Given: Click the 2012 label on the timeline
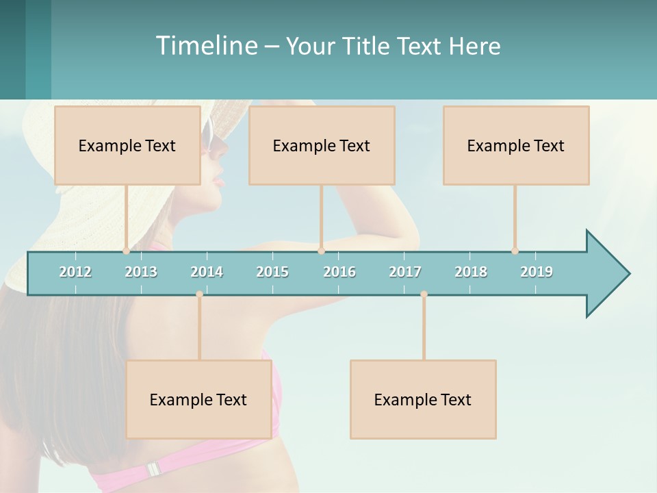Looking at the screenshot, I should pyautogui.click(x=75, y=272).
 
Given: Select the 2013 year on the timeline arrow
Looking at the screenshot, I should pyautogui.click(x=141, y=272).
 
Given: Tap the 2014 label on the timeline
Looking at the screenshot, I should pyautogui.click(x=207, y=272).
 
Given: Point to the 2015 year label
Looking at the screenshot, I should pyautogui.click(x=272, y=272).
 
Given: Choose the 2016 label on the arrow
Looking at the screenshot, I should pyautogui.click(x=339, y=272).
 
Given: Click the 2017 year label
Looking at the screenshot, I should pyautogui.click(x=405, y=272).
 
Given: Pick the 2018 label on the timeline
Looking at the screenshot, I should pyautogui.click(x=471, y=272).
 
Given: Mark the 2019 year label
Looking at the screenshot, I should pyautogui.click(x=537, y=272).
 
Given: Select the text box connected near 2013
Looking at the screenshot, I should pyautogui.click(x=127, y=145).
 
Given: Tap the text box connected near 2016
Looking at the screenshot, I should pyautogui.click(x=322, y=145).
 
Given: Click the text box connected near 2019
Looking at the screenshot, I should pyautogui.click(x=516, y=145).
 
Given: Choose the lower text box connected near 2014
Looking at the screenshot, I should pyautogui.click(x=198, y=399).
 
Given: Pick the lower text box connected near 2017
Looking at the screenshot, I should pyautogui.click(x=423, y=399).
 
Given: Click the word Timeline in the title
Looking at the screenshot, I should pyautogui.click(x=206, y=46).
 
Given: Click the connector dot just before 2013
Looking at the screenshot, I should pyautogui.click(x=126, y=251).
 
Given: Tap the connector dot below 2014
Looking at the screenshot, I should pyautogui.click(x=199, y=294).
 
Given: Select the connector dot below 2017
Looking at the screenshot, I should pyautogui.click(x=424, y=294).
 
